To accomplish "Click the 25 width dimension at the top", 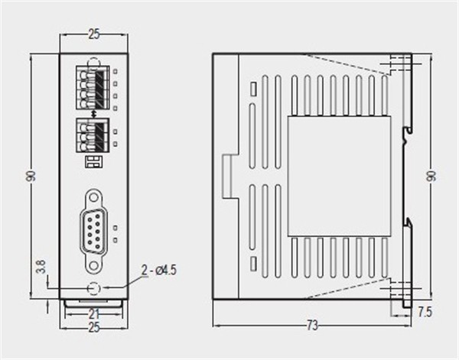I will pyautogui.click(x=93, y=34).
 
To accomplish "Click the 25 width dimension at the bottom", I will pyautogui.click(x=93, y=328).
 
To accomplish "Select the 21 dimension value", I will pyautogui.click(x=93, y=313).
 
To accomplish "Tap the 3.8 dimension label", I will pyautogui.click(x=41, y=268).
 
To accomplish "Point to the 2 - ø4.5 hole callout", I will pyautogui.click(x=160, y=269).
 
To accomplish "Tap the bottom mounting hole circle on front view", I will pyautogui.click(x=93, y=289).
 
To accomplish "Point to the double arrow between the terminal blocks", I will pyautogui.click(x=93, y=114).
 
